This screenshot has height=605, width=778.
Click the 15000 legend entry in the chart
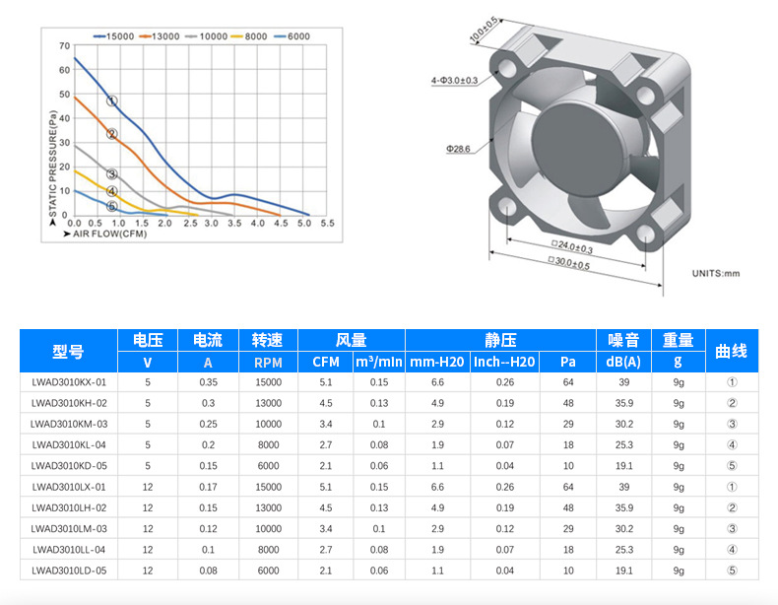(113, 36)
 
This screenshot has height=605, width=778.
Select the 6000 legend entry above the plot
(292, 36)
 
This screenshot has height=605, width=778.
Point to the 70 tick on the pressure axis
(64, 45)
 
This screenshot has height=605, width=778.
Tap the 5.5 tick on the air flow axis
(328, 224)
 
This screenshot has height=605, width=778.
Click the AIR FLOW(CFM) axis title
(105, 234)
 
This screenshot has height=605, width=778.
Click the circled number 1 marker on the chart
(112, 101)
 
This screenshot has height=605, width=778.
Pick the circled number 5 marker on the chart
(112, 207)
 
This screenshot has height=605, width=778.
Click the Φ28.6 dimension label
(458, 149)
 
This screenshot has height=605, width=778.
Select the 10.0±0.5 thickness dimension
(484, 30)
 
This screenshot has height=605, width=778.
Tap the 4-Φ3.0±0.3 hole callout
(455, 81)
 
